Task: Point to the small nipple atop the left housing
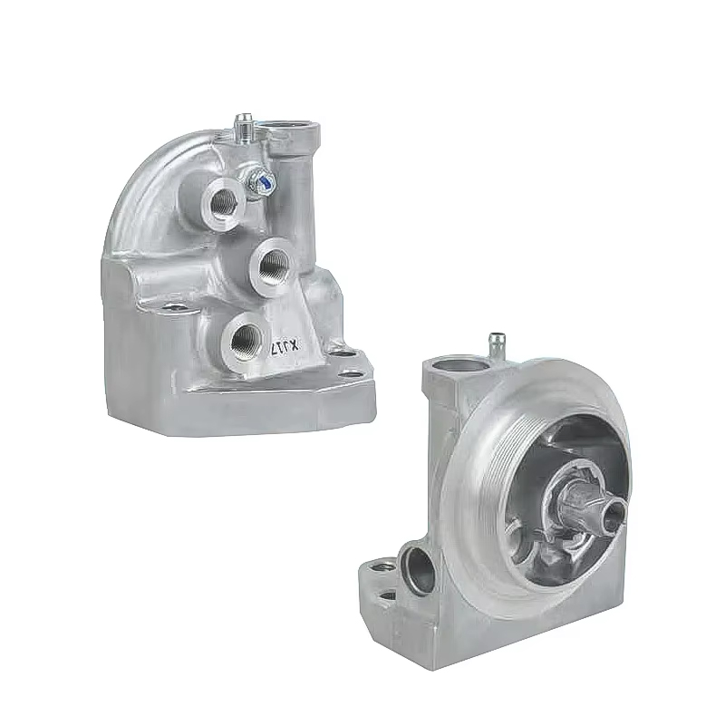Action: coord(243,122)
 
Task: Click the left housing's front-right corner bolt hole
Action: coord(349,371)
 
